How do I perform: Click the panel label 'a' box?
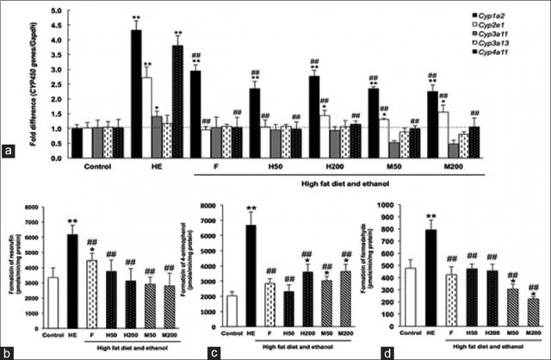(9, 153)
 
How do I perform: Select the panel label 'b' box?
(9, 350)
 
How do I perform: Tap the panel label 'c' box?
(193, 350)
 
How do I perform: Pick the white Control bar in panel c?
(232, 310)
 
